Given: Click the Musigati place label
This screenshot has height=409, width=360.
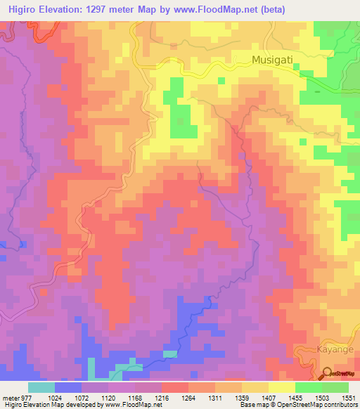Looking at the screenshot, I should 274,61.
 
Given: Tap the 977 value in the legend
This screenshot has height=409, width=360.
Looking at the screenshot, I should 27,397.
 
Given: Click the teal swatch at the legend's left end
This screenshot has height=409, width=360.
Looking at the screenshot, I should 41,387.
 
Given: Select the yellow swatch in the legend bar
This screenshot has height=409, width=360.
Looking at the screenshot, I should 281,387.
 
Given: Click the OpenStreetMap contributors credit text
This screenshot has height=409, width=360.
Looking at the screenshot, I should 313,405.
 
